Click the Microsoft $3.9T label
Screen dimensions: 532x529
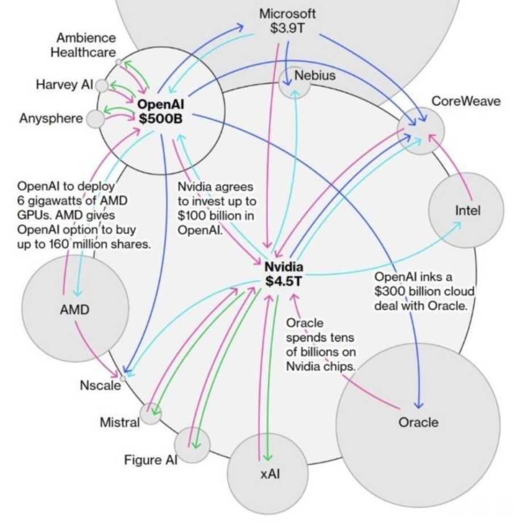pos(288,20)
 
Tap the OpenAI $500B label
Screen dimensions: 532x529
pos(160,111)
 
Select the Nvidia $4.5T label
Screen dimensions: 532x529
pos(284,274)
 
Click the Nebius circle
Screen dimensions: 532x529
pos(294,82)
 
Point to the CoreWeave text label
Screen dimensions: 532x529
pos(466,101)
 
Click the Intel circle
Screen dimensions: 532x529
pos(466,210)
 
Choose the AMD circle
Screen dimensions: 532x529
pos(75,308)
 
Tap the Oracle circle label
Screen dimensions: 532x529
pos(418,422)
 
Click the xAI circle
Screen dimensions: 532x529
pos(268,473)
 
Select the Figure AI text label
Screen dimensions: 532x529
pos(151,460)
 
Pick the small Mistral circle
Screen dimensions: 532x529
pos(151,414)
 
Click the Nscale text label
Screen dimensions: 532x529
pos(101,385)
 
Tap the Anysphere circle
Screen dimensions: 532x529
pos(95,119)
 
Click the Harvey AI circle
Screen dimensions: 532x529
pos(102,86)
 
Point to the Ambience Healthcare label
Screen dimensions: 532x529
pos(83,45)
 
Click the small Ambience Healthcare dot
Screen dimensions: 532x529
pos(118,62)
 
